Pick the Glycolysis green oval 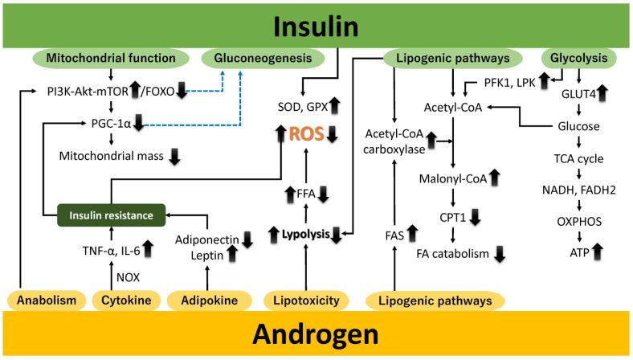[x=577, y=58]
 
